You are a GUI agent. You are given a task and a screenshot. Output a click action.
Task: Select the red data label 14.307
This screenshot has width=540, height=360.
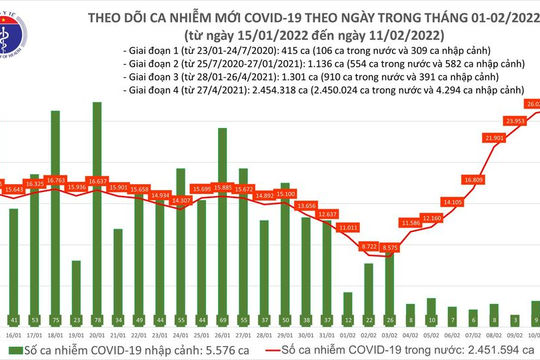(181, 201)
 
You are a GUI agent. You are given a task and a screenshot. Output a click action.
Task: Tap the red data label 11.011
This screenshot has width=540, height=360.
(348, 228)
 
